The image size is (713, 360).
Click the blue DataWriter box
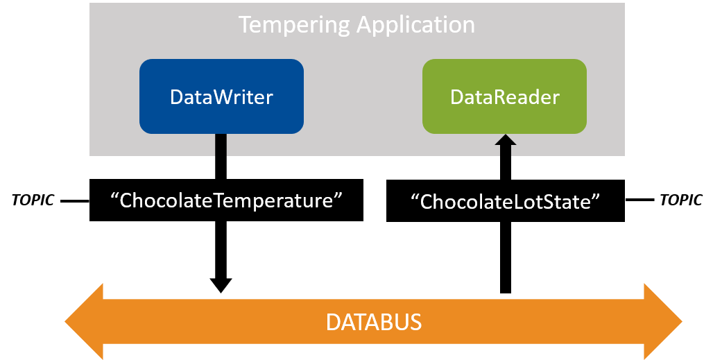tap(221, 96)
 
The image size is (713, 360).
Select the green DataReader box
tap(504, 96)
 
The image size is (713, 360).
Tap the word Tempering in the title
tap(294, 25)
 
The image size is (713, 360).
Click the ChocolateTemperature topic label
tap(227, 201)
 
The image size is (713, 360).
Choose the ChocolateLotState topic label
tap(505, 202)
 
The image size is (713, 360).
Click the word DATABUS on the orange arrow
tap(374, 323)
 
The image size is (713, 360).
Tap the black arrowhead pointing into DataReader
tap(506, 141)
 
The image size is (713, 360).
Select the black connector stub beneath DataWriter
tap(221, 145)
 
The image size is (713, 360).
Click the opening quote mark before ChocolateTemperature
tap(115, 197)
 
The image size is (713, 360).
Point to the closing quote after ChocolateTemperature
tap(339, 197)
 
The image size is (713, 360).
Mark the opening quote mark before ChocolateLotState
tap(415, 198)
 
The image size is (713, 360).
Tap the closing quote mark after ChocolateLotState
tap(595, 198)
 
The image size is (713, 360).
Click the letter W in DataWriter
tap(211, 97)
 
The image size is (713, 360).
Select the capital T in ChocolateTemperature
tap(219, 201)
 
